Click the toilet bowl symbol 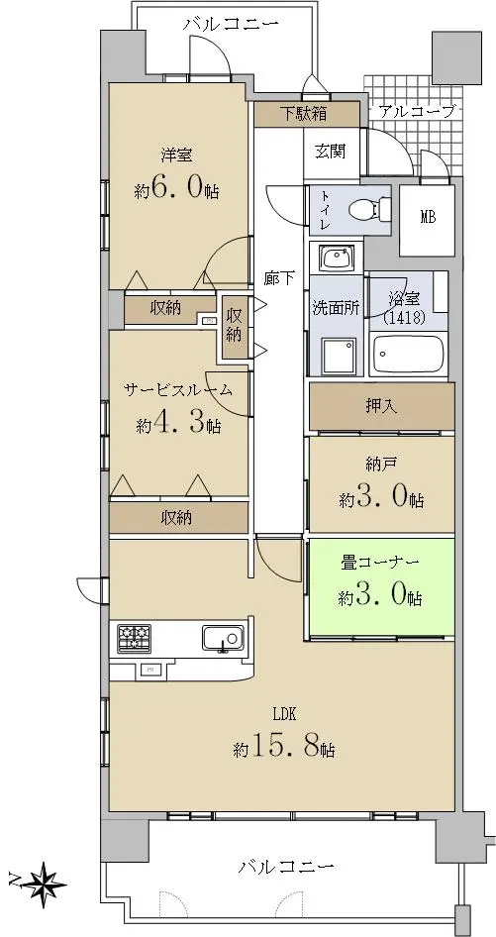(x=365, y=209)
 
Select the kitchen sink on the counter (x=223, y=638)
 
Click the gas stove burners (x=134, y=638)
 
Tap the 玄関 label (x=330, y=152)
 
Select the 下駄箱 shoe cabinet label (x=304, y=114)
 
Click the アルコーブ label (x=417, y=111)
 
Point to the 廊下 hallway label (x=279, y=278)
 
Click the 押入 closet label (x=381, y=406)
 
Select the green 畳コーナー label (x=380, y=563)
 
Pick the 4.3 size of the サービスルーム (x=178, y=424)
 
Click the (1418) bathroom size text (x=405, y=318)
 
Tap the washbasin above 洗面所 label (x=336, y=259)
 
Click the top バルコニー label (x=231, y=25)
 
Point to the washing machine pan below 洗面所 (x=339, y=358)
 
